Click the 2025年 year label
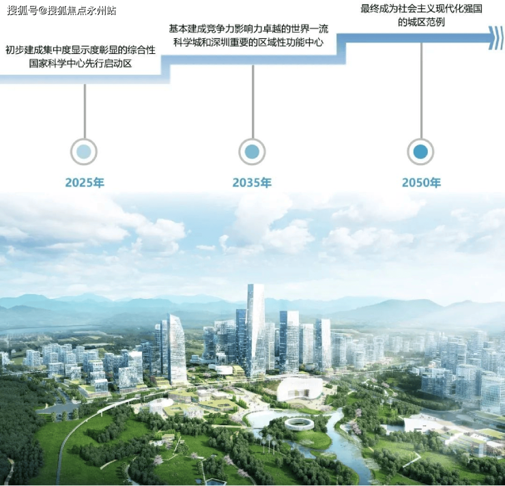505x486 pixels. point(85,183)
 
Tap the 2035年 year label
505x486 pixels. point(252,183)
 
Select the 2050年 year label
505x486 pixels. point(421,183)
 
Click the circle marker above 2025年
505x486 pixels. point(84,152)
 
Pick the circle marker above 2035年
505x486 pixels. point(252,152)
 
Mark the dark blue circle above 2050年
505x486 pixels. point(420,152)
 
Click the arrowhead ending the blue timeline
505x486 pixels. point(496,38)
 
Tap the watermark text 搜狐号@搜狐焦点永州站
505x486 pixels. point(61,11)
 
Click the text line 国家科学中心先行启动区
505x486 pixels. point(81,63)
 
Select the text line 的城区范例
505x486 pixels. point(421,23)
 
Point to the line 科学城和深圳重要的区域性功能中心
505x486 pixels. point(248,42)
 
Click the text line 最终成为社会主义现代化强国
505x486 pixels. point(421,9)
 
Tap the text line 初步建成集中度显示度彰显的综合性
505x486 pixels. point(81,50)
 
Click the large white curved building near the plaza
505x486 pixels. point(300,390)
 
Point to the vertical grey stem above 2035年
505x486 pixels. point(252,102)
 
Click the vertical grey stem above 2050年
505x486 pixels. point(421,91)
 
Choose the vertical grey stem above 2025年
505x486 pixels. point(85,111)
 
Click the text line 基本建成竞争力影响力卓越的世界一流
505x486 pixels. point(248,29)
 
